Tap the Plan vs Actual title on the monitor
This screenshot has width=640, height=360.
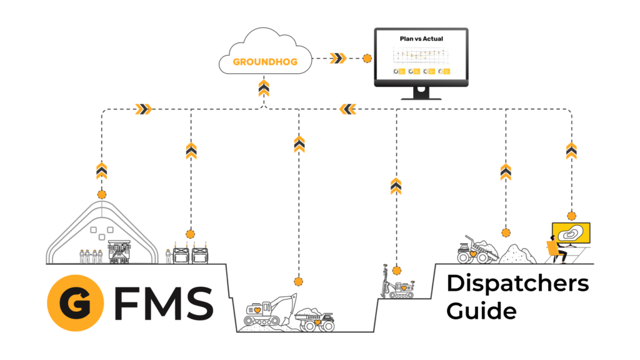(421, 39)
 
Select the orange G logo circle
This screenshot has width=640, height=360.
(75, 302)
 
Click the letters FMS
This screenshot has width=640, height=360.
(163, 302)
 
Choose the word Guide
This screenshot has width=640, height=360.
(481, 311)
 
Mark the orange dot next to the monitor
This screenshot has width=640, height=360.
(367, 59)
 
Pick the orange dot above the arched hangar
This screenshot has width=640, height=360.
(102, 194)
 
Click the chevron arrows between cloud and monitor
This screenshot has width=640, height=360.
(338, 59)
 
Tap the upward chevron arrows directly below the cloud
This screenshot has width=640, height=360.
(264, 88)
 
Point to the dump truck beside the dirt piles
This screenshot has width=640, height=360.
(474, 249)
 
